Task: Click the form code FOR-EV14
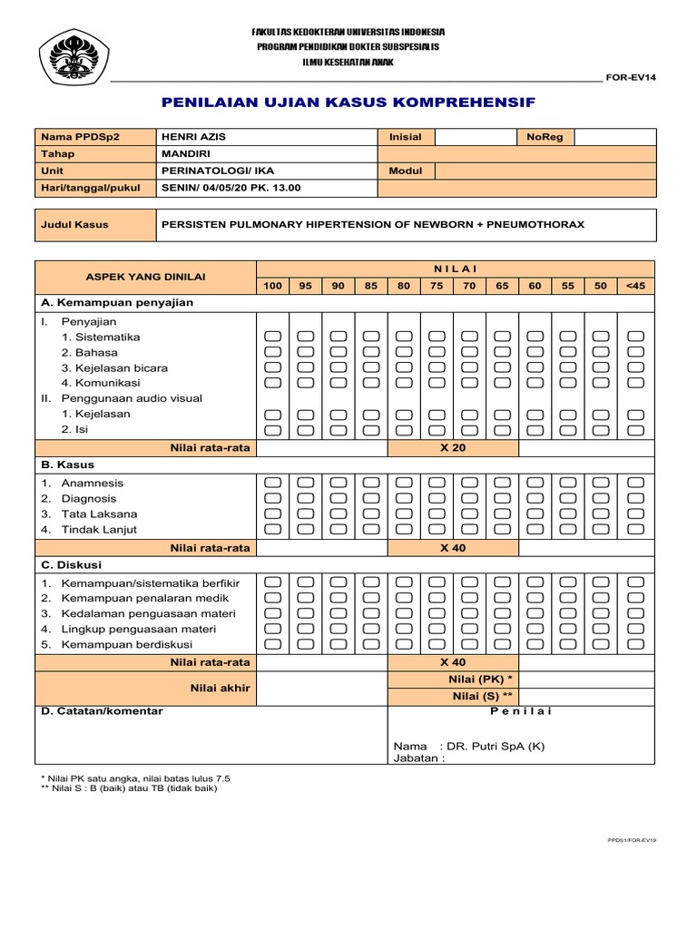(x=631, y=77)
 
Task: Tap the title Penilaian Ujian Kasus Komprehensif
(x=348, y=103)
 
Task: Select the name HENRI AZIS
(x=193, y=137)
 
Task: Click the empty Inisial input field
(x=474, y=137)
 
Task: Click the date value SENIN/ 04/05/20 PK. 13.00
(x=231, y=188)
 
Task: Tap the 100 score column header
(x=272, y=286)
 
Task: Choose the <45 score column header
(x=635, y=286)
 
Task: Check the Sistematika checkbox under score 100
(x=272, y=337)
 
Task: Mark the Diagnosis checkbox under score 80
(x=404, y=498)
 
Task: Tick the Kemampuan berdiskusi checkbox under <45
(x=635, y=644)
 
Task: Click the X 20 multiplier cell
(x=452, y=448)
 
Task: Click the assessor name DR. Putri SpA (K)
(x=495, y=746)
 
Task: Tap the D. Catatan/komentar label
(x=103, y=711)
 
